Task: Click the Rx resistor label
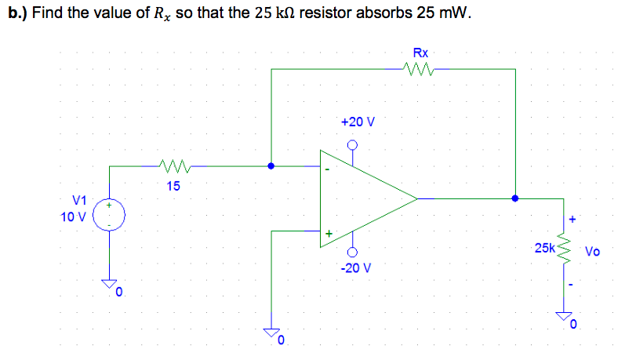420,53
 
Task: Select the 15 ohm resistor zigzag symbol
172,165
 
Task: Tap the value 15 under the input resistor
173,186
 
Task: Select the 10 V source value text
74,216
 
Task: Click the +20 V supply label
358,122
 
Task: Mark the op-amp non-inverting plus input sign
329,233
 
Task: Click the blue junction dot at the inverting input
271,166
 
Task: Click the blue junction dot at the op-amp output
515,198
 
